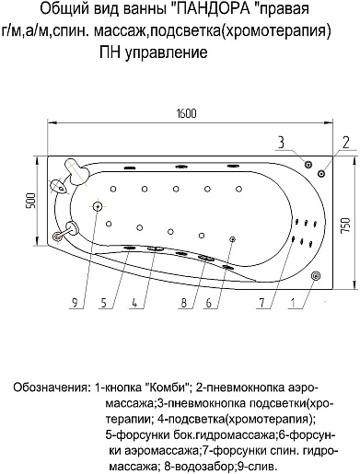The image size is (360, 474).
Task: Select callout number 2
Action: (345, 141)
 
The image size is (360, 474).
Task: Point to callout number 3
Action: (281, 140)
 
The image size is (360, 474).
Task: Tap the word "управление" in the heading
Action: (164, 54)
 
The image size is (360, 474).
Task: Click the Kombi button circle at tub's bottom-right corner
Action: (316, 275)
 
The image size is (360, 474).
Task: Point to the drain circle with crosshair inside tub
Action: (97, 207)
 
